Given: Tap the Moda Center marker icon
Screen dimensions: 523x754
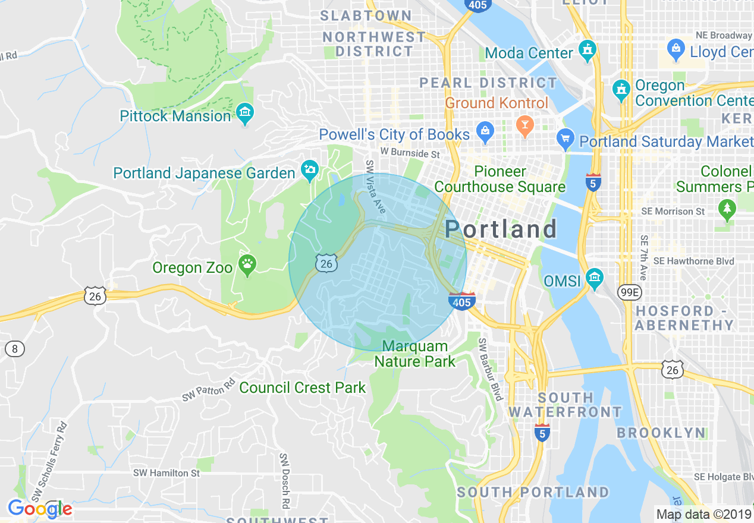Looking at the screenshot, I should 588,51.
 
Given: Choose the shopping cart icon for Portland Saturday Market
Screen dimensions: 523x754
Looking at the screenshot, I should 565,140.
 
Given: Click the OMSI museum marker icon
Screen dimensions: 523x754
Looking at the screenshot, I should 594,278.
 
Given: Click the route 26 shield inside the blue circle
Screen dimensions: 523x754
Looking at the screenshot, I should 326,263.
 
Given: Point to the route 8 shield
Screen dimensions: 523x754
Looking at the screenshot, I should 15,349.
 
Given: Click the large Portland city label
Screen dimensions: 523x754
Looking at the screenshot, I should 501,229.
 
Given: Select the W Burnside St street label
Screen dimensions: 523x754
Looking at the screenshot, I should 410,153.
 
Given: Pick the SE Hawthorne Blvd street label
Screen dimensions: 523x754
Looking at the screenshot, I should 693,261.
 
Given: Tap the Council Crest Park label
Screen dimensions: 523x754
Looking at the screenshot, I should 303,388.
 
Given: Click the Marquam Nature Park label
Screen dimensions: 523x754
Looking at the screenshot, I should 415,354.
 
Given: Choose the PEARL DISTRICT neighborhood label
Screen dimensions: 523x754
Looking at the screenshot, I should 488,83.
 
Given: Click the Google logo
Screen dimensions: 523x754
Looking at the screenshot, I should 39,509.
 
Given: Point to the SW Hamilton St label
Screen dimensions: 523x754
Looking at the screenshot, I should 166,473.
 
